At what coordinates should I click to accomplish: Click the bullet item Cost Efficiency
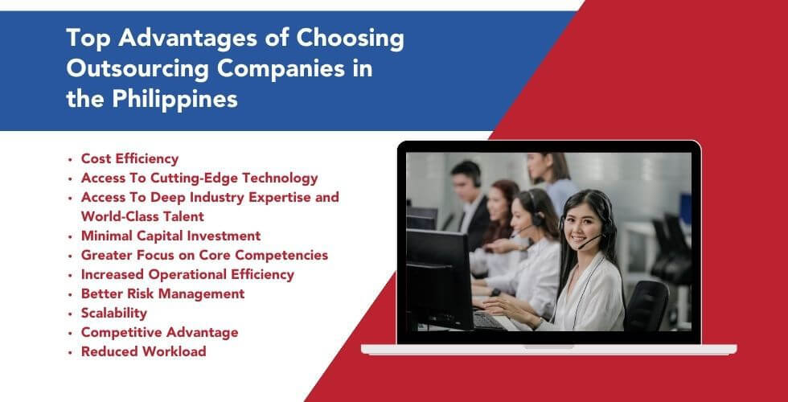click(129, 158)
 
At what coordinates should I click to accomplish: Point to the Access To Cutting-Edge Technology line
click(199, 178)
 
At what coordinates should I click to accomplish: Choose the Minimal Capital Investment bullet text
click(170, 236)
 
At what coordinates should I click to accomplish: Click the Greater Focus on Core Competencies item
click(204, 255)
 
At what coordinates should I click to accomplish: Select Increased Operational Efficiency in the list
click(187, 274)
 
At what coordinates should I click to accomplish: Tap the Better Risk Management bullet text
click(162, 293)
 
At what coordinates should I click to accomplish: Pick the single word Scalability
click(113, 313)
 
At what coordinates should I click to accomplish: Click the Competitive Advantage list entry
click(159, 332)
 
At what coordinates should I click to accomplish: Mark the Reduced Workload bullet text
click(143, 351)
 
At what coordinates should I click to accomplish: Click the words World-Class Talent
click(142, 216)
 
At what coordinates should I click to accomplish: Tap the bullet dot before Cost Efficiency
click(72, 159)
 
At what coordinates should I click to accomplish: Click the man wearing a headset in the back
click(468, 189)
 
